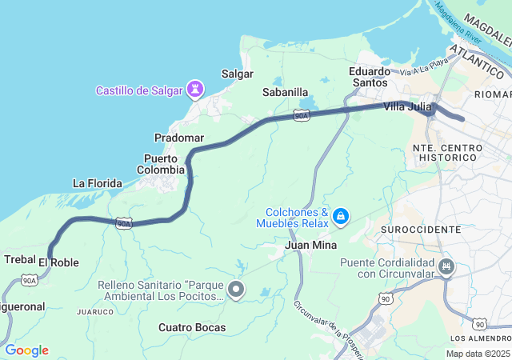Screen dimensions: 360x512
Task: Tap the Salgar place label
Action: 238,74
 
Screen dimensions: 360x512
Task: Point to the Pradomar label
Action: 179,138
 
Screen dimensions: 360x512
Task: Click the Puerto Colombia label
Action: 162,164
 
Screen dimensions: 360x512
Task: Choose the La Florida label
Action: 98,183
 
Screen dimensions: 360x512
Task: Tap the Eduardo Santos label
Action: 370,77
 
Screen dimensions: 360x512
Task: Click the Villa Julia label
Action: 407,106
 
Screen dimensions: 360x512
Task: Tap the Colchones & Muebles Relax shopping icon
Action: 341,215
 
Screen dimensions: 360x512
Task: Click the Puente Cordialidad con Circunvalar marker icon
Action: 446,267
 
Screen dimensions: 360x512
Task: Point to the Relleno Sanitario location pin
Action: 236,290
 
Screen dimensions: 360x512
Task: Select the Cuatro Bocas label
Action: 192,327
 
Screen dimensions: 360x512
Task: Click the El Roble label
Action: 58,262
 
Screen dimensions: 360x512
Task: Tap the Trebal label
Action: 20,259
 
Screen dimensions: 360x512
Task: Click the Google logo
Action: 26,350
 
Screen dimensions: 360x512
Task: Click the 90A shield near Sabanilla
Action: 301,116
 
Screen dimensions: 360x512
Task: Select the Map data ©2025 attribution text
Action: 477,354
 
